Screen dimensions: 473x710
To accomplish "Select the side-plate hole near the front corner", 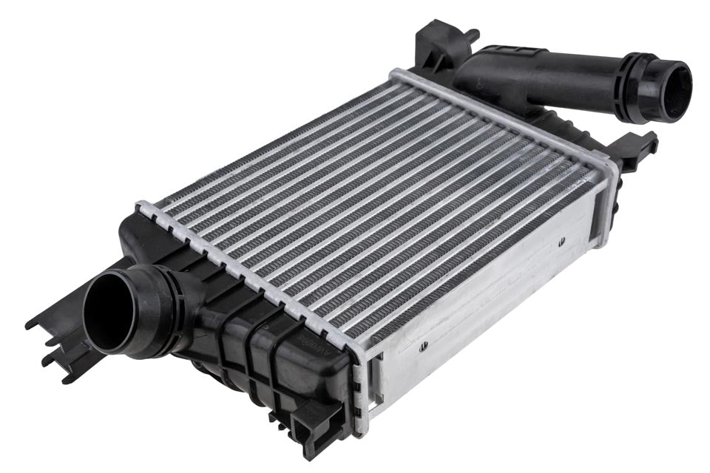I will [423, 344].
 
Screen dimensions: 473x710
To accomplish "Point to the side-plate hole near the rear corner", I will [563, 239].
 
